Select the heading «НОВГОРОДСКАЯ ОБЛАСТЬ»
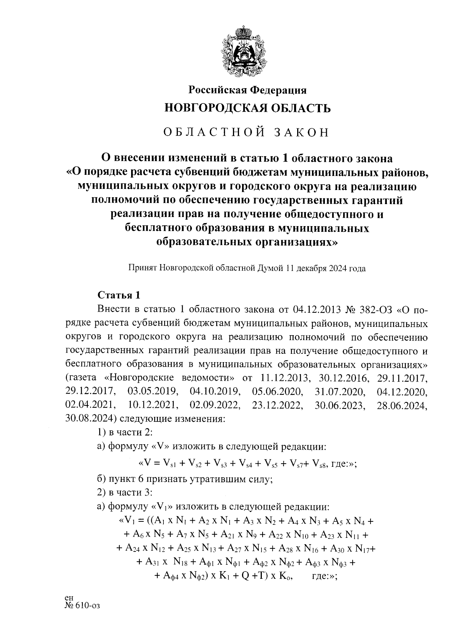(x=247, y=109)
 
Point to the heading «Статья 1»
(x=119, y=295)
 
